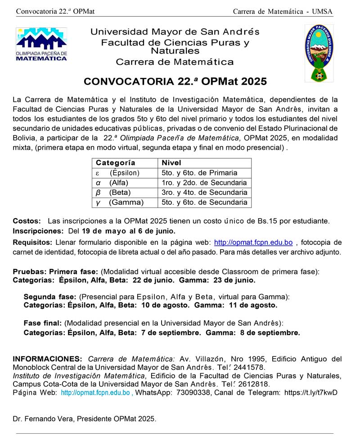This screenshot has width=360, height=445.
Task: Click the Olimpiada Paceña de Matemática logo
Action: tap(41, 45)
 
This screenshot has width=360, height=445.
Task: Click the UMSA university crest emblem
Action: tap(319, 53)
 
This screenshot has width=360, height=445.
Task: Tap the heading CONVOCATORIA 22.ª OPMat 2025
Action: tap(175, 82)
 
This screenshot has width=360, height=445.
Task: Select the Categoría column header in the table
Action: tap(115, 163)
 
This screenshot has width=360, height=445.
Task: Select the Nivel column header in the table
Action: tap(171, 163)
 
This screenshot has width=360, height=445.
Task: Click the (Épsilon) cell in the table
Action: tap(124, 173)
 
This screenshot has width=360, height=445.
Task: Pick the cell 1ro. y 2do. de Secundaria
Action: tap(204, 183)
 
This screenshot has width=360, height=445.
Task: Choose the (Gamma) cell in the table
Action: tap(126, 202)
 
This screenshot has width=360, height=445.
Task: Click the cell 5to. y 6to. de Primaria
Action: tap(199, 173)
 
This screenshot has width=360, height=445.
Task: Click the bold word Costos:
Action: tap(27, 221)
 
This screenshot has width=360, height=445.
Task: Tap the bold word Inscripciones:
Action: tap(38, 231)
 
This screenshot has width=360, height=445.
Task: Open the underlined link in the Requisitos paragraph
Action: tap(253, 243)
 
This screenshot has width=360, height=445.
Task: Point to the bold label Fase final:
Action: tap(43, 323)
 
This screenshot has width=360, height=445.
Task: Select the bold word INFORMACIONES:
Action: tap(47, 359)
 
